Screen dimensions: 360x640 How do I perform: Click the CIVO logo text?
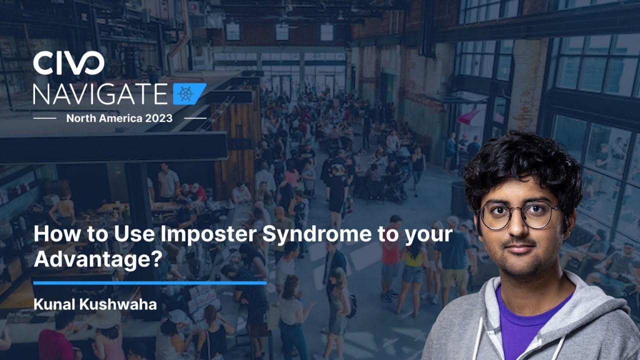[68, 64]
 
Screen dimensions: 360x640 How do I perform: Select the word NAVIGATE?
[100, 93]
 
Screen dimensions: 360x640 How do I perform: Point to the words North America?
[102, 118]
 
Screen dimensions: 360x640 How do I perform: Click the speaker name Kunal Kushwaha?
[95, 303]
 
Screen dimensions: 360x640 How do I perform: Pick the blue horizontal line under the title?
[149, 283]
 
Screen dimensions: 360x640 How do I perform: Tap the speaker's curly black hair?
[520, 160]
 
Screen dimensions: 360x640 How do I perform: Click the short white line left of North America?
[44, 118]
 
